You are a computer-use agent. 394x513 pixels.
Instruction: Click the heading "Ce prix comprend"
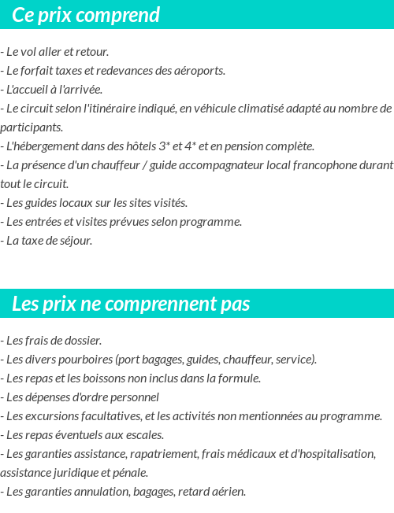click(86, 15)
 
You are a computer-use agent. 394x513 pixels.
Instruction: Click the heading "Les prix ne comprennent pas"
click(131, 304)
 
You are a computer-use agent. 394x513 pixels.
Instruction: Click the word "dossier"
click(81, 341)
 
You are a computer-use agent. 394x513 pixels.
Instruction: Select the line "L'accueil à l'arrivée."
click(54, 90)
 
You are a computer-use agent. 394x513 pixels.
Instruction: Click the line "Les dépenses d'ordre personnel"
click(82, 397)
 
